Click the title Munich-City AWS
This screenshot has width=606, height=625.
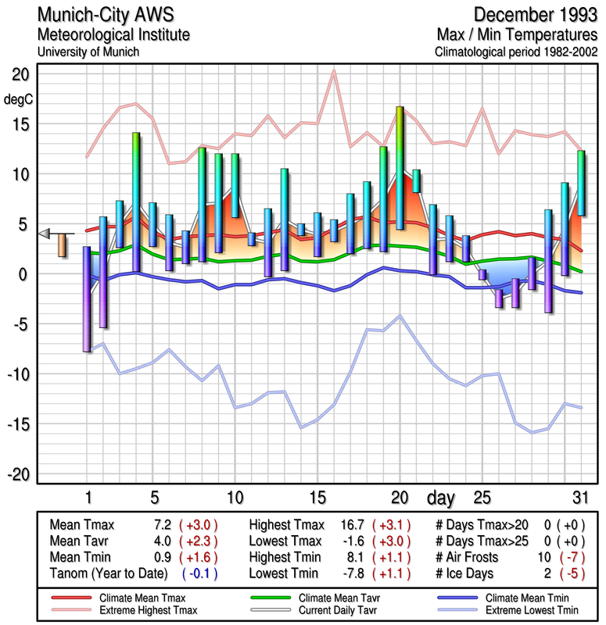[x=102, y=15]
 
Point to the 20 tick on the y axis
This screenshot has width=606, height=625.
[x=20, y=74]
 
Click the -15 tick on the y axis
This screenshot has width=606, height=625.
[x=18, y=424]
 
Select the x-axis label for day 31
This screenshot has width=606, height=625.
[x=579, y=497]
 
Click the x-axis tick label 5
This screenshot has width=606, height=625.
[x=155, y=497]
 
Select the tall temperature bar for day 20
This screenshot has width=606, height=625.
[x=400, y=168]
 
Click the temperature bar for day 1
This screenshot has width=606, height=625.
[x=87, y=299]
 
